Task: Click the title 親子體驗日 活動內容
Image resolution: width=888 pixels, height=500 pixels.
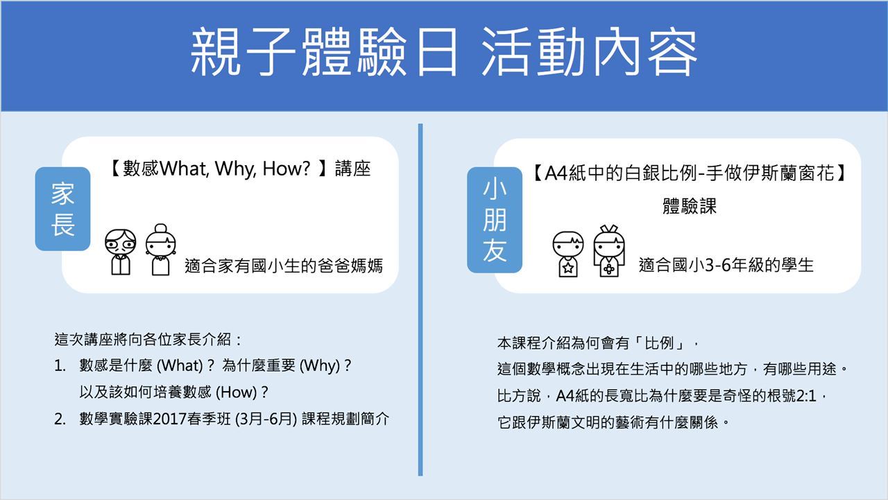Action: (x=443, y=52)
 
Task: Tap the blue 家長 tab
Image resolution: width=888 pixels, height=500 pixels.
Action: (x=62, y=209)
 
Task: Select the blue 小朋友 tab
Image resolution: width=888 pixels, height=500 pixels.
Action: (x=495, y=220)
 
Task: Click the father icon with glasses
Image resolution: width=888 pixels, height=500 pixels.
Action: (x=120, y=251)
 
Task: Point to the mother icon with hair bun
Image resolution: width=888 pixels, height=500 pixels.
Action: (x=160, y=250)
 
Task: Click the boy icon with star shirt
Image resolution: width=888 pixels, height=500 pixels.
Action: (x=568, y=254)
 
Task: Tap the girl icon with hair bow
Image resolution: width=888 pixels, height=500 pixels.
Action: (x=609, y=251)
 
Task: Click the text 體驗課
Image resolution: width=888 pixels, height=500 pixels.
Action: (x=690, y=207)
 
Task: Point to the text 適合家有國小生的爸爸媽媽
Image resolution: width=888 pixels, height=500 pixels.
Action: (x=284, y=266)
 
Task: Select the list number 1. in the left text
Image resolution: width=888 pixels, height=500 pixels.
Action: (x=60, y=365)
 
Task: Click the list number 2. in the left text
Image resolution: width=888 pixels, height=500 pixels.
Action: (x=60, y=419)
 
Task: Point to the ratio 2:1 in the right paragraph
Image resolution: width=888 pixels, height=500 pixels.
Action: (x=806, y=396)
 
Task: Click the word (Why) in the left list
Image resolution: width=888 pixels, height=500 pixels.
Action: (x=320, y=365)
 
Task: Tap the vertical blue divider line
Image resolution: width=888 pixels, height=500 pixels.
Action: (x=420, y=300)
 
